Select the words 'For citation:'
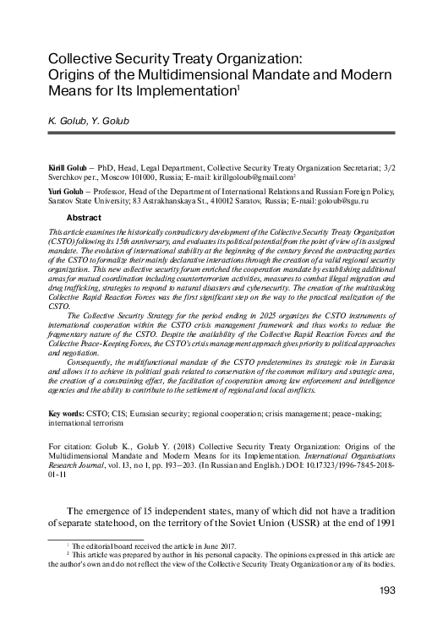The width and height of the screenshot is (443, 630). coord(71,444)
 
